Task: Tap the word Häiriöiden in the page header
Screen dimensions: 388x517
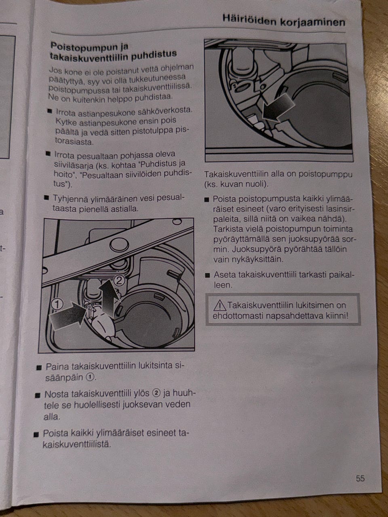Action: (249, 20)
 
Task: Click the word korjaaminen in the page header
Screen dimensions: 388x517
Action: (312, 23)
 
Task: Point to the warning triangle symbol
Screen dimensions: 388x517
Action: (220, 305)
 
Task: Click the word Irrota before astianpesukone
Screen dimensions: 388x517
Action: (66, 113)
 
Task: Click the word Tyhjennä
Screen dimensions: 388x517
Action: (70, 199)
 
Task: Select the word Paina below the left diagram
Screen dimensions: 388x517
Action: (57, 367)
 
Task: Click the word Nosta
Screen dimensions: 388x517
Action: (56, 394)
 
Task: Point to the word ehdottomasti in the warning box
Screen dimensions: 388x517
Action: (238, 316)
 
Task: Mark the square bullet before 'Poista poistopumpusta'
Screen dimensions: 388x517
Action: (207, 200)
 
